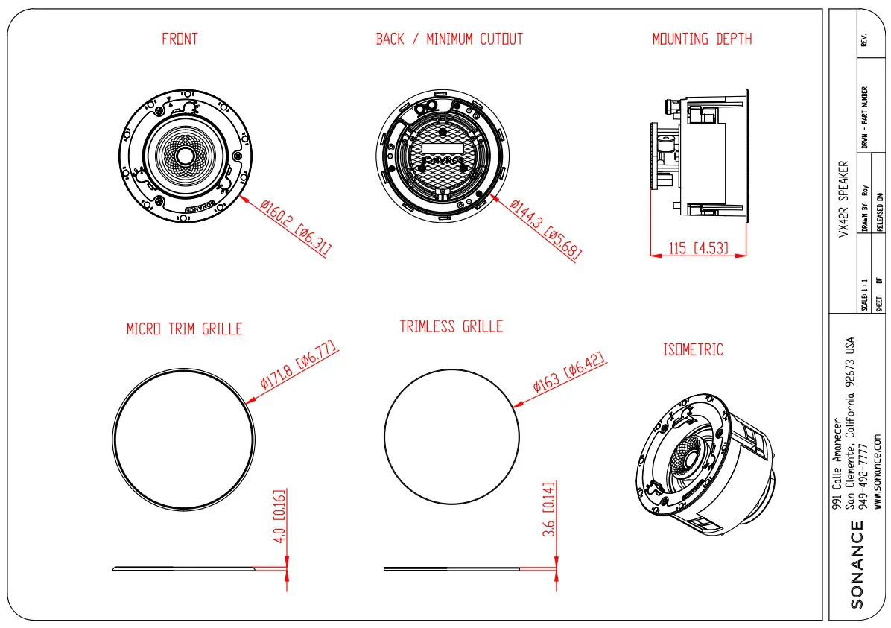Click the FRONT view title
[x=180, y=39]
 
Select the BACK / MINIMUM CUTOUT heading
[x=449, y=39]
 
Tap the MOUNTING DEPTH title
[x=702, y=39]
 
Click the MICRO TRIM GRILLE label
[x=184, y=329]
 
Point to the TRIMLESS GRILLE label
[x=451, y=326]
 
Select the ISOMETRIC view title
[x=693, y=349]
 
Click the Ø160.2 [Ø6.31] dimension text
[x=296, y=228]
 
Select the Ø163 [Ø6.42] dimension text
[x=570, y=372]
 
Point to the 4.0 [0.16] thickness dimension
[x=280, y=516]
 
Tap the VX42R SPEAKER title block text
[x=843, y=199]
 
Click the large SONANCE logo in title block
[x=857, y=565]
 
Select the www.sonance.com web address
[x=878, y=469]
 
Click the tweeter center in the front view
[x=183, y=156]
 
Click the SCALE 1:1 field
[x=865, y=294]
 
